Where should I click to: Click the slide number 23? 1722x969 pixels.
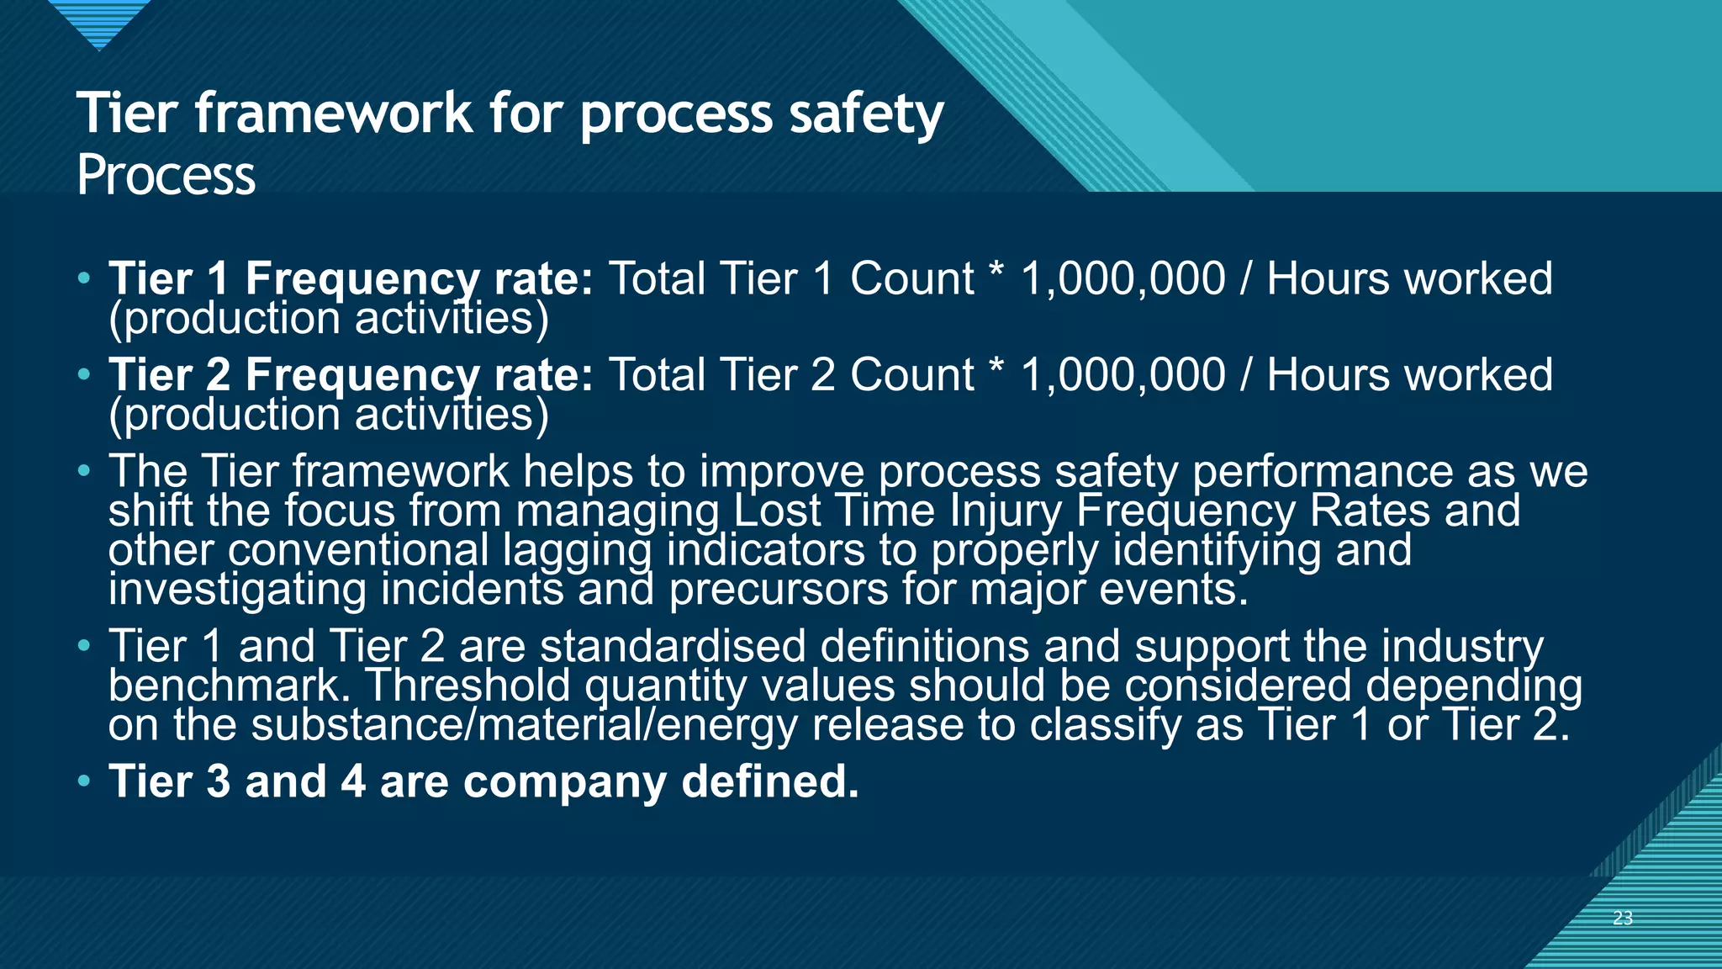[x=1622, y=919]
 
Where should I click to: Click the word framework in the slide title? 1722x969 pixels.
[x=334, y=114]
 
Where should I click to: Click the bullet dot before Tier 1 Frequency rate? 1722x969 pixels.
[x=83, y=278]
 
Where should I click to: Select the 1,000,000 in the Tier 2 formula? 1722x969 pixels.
[x=1122, y=375]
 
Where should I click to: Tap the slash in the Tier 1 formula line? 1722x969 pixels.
[x=1246, y=279]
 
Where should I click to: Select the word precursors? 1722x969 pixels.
[x=779, y=589]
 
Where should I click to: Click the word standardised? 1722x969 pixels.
[x=673, y=646]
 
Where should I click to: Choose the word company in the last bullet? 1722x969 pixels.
[x=565, y=781]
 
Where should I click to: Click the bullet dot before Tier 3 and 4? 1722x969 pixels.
[x=83, y=781]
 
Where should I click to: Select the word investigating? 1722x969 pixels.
[x=237, y=589]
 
